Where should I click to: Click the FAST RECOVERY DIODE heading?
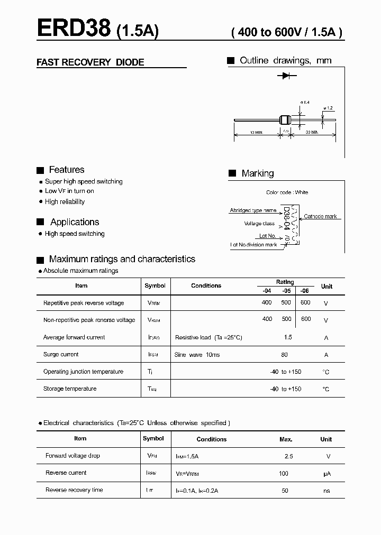[90, 62]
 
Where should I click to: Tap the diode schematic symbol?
[286, 76]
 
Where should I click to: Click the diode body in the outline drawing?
[286, 120]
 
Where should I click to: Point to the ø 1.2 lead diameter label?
[328, 108]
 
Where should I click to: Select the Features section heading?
[66, 170]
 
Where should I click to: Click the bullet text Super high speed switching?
[84, 181]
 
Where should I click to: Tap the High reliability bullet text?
[65, 201]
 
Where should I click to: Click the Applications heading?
[75, 222]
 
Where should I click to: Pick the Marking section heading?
[258, 173]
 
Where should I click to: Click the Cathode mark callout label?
[320, 216]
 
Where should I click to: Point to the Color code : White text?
[287, 192]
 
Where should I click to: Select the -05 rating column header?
[286, 290]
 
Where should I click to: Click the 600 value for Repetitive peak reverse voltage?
[305, 302]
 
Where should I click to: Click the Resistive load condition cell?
[208, 337]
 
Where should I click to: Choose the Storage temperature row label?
[70, 389]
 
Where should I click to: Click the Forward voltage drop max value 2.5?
[288, 456]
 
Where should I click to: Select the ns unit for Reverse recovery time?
[326, 491]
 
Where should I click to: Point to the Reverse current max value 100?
[284, 473]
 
